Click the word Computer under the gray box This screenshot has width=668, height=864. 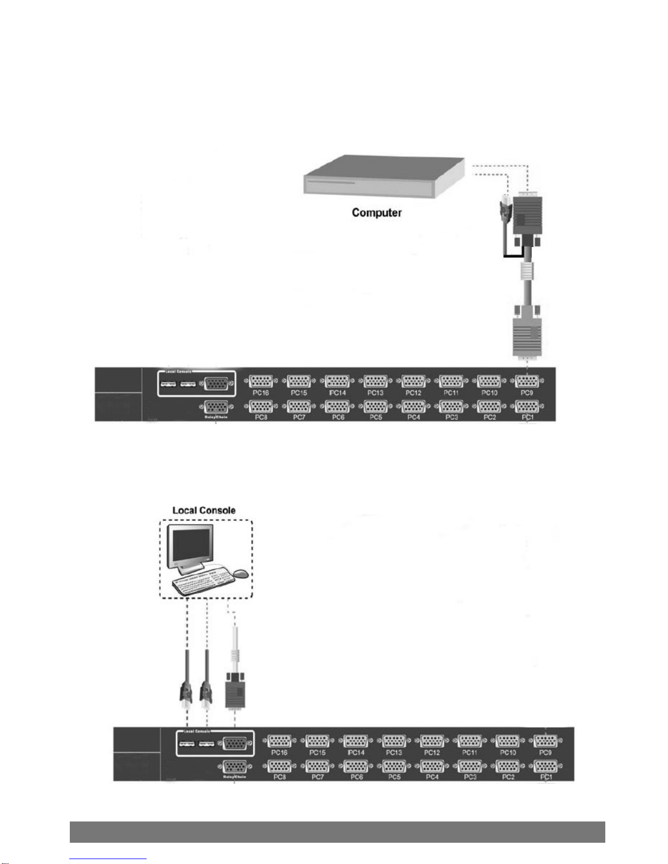pyautogui.click(x=376, y=213)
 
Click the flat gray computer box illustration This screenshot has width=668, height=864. pyautogui.click(x=382, y=177)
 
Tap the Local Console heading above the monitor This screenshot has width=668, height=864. pyautogui.click(x=204, y=511)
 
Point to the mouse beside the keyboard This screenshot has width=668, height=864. pyautogui.click(x=242, y=573)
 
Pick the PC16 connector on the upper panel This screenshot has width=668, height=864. pyautogui.click(x=261, y=381)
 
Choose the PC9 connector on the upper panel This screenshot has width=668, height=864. pyautogui.click(x=527, y=381)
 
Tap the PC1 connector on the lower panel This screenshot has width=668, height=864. pyautogui.click(x=546, y=766)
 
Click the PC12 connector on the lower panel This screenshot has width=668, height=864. pyautogui.click(x=432, y=741)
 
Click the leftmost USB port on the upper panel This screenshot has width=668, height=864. pyautogui.click(x=168, y=385)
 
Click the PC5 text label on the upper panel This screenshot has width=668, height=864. pyautogui.click(x=376, y=417)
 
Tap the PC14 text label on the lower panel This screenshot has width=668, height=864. pyautogui.click(x=356, y=752)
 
